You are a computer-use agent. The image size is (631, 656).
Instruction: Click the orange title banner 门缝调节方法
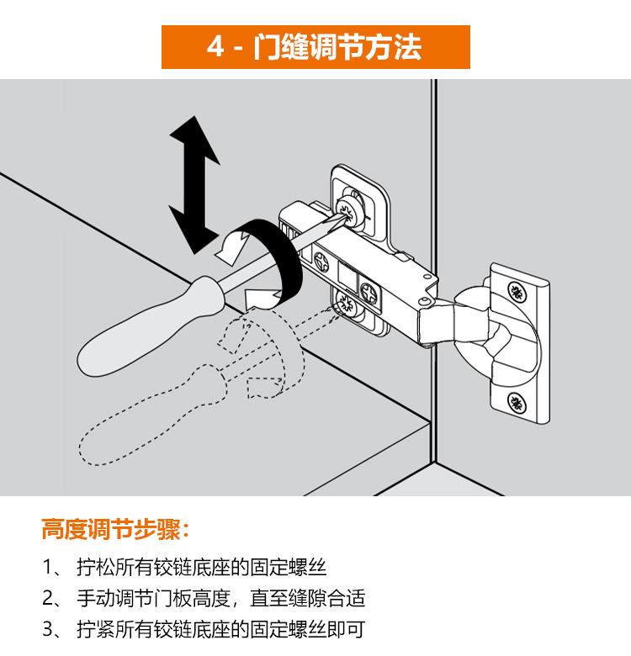315,47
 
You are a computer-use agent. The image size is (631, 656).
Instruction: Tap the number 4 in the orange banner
216,46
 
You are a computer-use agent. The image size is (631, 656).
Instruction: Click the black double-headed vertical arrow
194,185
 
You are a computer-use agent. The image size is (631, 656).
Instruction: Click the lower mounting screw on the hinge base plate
347,303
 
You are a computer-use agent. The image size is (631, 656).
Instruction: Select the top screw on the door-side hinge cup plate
517,292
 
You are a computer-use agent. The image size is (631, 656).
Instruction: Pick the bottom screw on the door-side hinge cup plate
517,403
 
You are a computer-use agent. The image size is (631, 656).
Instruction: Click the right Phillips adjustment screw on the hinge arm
369,293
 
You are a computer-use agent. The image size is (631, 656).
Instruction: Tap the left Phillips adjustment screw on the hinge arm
321,262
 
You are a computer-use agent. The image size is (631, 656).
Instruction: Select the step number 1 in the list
47,568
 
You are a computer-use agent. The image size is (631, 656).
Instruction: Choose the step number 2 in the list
48,598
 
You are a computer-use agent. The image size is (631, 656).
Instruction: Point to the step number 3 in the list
48,629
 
